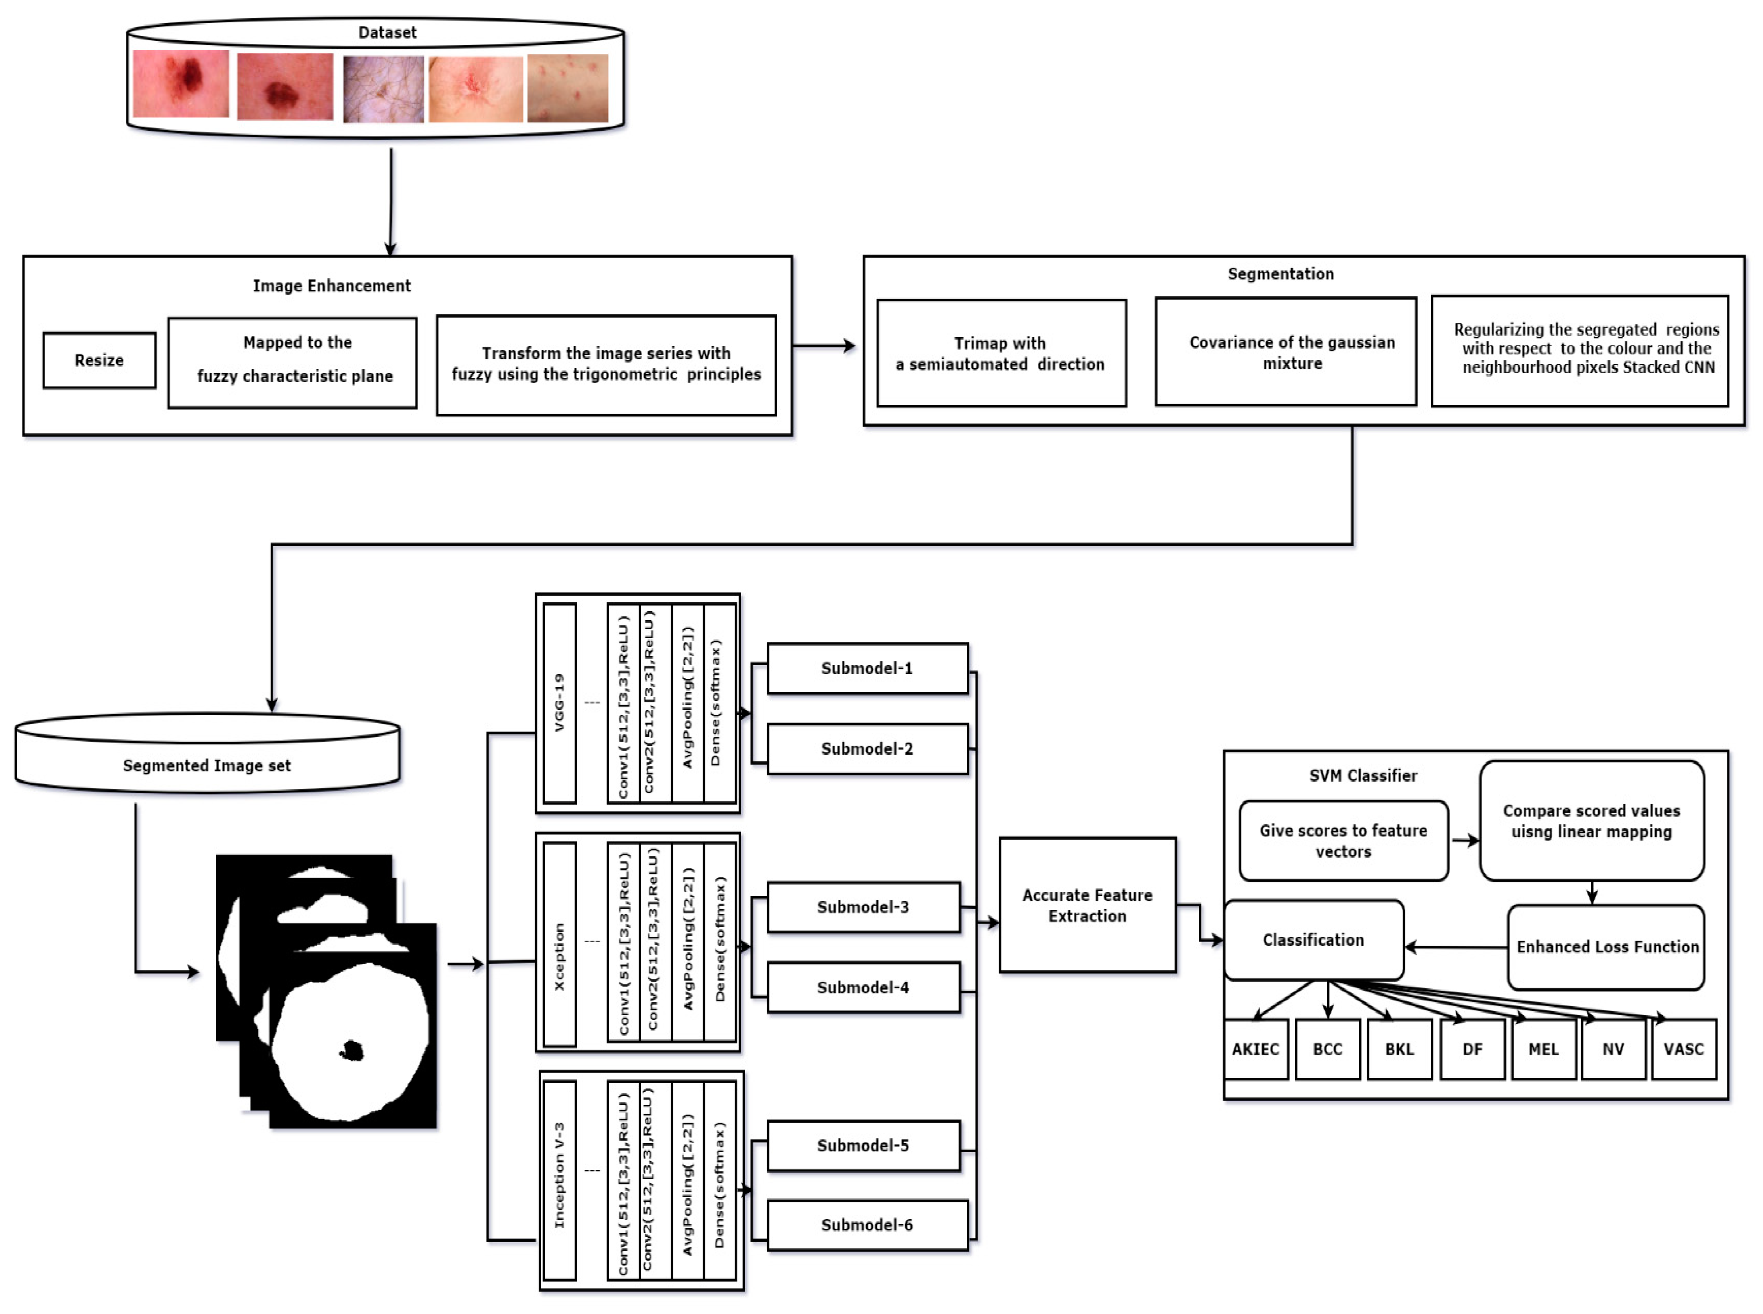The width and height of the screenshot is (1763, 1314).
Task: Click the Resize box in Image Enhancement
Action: (x=99, y=360)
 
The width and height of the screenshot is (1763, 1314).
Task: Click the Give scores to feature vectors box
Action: (x=1343, y=841)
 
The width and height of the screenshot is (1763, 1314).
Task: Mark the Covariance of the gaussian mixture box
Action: (x=1286, y=352)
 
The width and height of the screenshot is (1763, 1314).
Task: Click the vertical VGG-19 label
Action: (x=559, y=703)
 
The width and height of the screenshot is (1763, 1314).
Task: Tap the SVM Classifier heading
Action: (x=1363, y=775)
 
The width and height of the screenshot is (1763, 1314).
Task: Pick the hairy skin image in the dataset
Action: (x=383, y=89)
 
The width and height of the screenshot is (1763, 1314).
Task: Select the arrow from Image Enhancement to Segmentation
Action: (x=823, y=346)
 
